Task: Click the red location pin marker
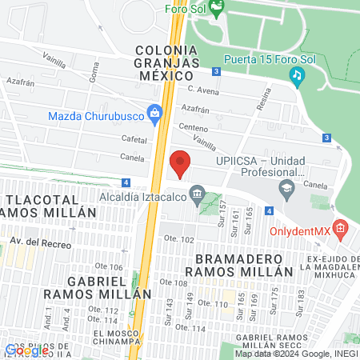[x=180, y=163]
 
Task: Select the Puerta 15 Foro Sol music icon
[x=297, y=75]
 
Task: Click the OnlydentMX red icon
[x=340, y=230]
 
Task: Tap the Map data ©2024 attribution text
[x=294, y=354]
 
